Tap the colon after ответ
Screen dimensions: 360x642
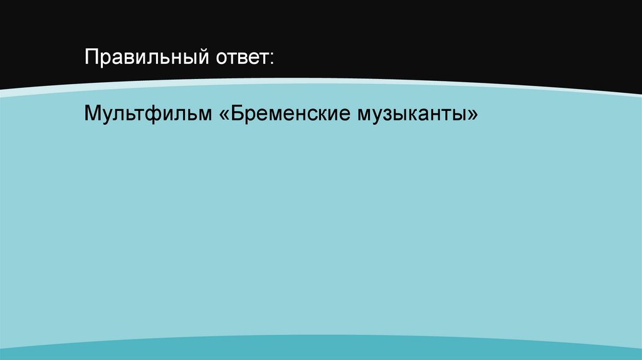(271, 60)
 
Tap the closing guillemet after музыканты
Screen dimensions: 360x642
(472, 115)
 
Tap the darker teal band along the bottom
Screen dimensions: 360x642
(321, 350)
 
